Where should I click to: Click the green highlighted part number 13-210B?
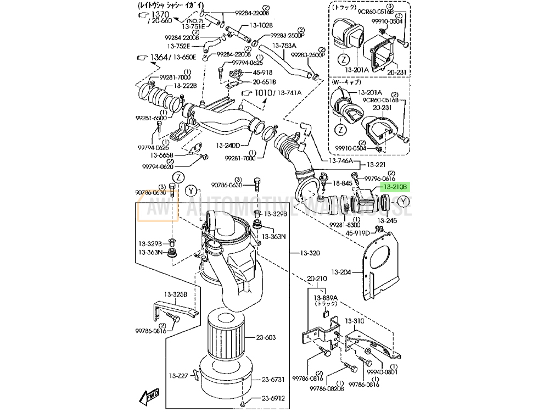click(395, 187)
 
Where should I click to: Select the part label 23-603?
click(265, 338)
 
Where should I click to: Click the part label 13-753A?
click(284, 46)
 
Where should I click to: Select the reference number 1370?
click(160, 14)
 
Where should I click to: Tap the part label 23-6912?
click(273, 399)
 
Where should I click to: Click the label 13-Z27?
click(178, 375)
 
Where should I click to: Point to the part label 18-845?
click(341, 183)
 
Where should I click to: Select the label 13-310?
click(355, 321)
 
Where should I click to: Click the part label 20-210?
click(317, 279)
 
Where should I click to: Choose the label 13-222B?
click(185, 86)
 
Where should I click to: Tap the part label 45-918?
click(262, 73)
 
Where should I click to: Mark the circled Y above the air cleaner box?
click(191, 191)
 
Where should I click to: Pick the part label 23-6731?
click(273, 379)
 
